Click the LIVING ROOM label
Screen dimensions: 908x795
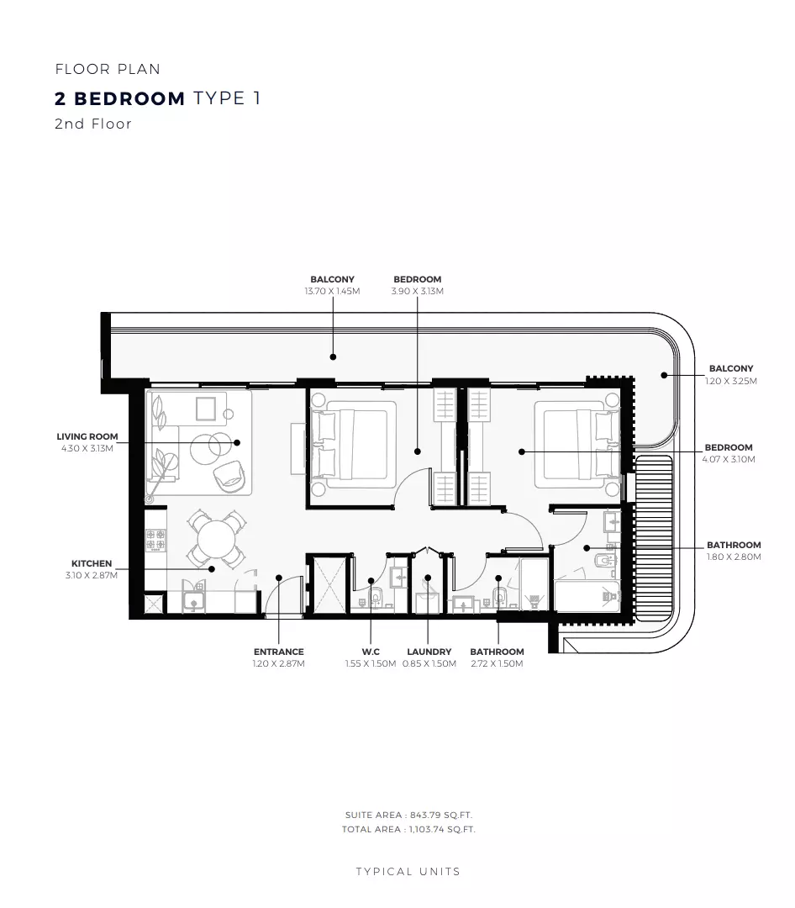[87, 436]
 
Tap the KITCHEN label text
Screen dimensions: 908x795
[92, 563]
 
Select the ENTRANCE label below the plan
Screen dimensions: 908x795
[278, 652]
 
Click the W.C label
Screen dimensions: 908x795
[370, 652]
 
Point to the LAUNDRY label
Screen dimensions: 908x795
[429, 652]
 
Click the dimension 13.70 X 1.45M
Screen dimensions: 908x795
[332, 291]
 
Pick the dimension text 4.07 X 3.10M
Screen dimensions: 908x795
[729, 459]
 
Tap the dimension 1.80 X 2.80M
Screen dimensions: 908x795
[734, 557]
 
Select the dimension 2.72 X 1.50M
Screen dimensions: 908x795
[497, 663]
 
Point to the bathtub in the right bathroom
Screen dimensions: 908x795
[587, 595]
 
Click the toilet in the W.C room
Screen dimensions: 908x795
[376, 598]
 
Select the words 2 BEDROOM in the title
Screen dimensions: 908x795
[119, 98]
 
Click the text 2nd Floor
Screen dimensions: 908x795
[93, 124]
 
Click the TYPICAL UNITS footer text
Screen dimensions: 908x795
[408, 872]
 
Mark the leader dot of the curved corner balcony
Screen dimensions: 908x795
[663, 375]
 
